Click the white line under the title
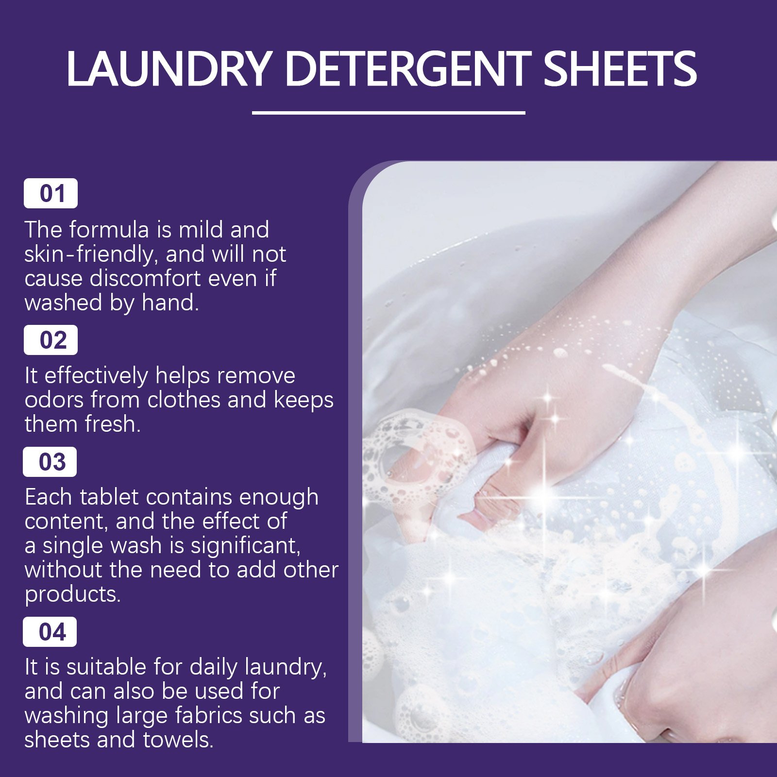pos(388,113)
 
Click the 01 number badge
pos(51,193)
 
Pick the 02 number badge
pos(51,340)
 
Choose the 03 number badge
pos(50,462)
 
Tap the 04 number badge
pos(50,632)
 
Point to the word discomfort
pos(145,278)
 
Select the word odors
pos(53,400)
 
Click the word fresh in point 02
pos(112,424)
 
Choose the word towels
pos(178,740)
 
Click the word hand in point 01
pos(169,303)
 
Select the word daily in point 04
pos(214,667)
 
